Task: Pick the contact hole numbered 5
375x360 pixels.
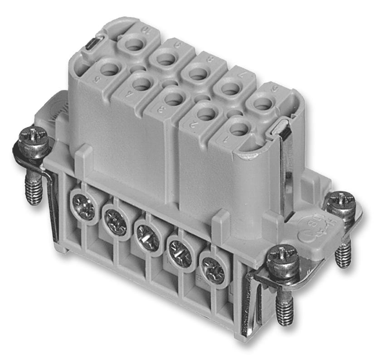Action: point(109,69)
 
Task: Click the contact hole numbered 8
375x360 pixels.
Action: point(198,73)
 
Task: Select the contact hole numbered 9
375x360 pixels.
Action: point(166,58)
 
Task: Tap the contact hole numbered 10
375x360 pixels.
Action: point(134,44)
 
